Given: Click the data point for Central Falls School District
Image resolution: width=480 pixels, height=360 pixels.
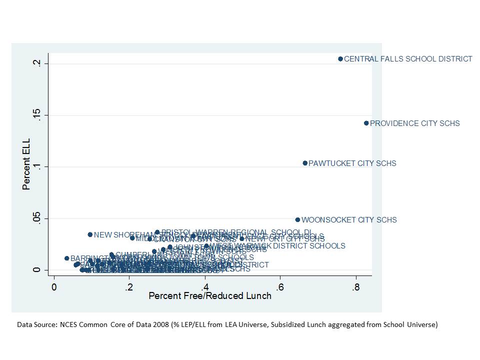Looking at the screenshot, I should tap(340, 59).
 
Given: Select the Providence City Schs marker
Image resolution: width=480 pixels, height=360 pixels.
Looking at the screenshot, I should tap(366, 123).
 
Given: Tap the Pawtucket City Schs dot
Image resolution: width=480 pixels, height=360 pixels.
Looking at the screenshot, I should tap(305, 163).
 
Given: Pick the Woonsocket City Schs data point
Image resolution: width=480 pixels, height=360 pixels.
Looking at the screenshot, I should tap(297, 219).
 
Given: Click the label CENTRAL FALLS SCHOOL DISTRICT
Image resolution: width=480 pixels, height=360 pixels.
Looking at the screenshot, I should tap(408, 59).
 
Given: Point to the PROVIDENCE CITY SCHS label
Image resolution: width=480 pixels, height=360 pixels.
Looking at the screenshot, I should tap(414, 123).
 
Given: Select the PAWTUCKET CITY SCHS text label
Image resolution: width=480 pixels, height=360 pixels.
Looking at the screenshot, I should tap(352, 163).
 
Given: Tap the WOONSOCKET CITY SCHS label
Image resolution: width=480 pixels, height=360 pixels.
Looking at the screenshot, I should tap(349, 220).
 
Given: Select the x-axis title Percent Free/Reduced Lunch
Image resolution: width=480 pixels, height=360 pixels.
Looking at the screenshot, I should tap(210, 296).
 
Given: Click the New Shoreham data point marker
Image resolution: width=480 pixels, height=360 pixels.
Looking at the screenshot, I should tap(90, 234).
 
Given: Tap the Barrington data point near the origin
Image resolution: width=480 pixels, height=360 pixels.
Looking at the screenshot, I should tap(66, 258).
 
